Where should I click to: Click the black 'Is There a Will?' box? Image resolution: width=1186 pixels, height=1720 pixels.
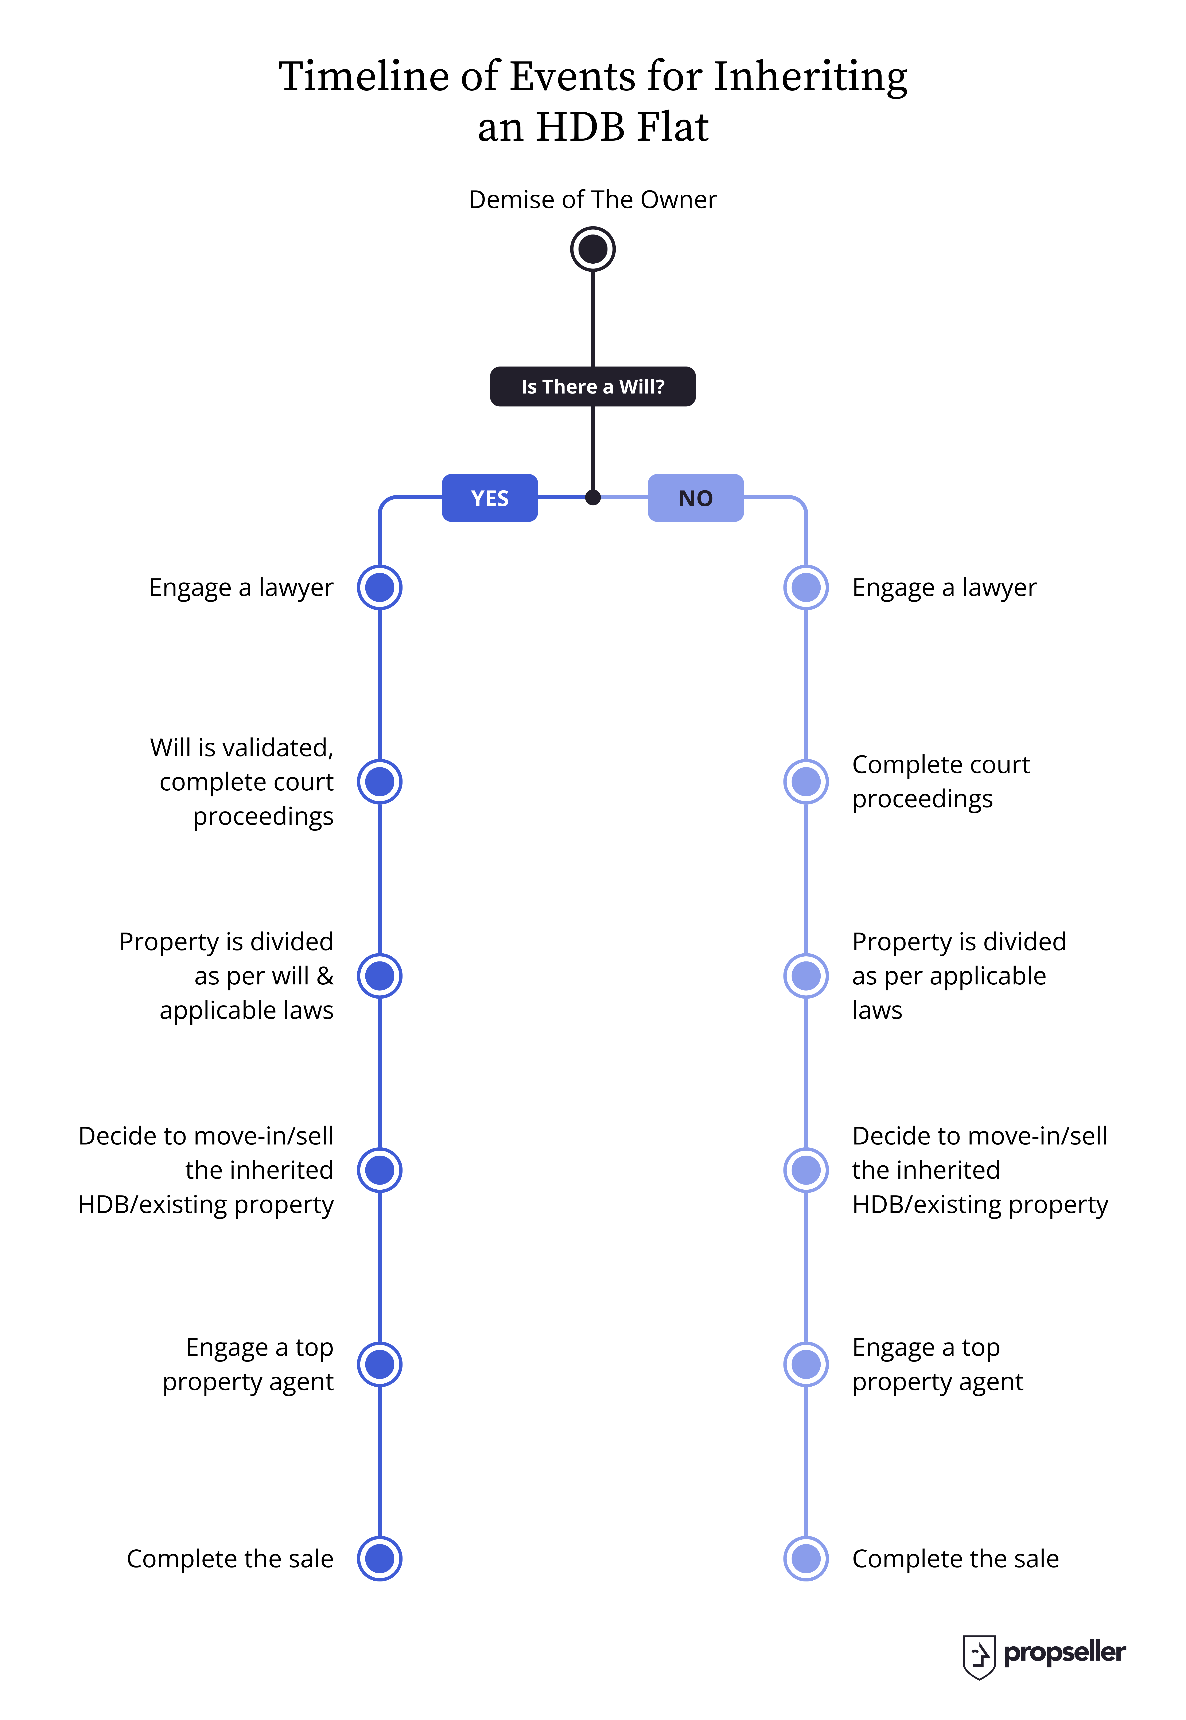[x=592, y=387]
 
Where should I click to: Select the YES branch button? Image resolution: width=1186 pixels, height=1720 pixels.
[x=490, y=498]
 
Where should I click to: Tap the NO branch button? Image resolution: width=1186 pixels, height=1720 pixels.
[x=696, y=498]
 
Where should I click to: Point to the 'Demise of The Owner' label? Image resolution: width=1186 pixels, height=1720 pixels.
[x=592, y=200]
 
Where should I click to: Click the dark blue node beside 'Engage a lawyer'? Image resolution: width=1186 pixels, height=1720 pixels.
[x=380, y=587]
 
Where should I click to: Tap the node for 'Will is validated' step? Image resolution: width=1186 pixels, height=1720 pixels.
[x=380, y=782]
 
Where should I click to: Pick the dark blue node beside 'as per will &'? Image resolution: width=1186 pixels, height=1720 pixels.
[x=380, y=976]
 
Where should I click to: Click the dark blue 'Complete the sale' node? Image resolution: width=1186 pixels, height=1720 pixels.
[x=380, y=1559]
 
